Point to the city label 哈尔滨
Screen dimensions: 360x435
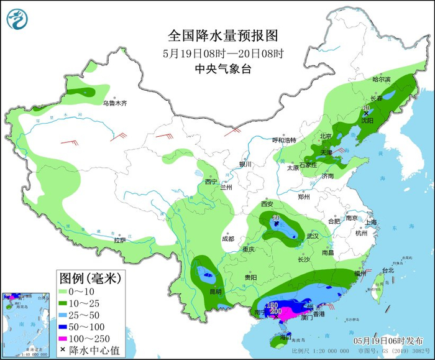[x=381, y=80]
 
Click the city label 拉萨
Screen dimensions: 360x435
[x=120, y=239]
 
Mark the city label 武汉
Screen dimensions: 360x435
[x=312, y=236]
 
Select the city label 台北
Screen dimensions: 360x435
[x=387, y=270]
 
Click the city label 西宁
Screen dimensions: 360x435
[x=211, y=182]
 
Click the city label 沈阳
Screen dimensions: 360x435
[x=367, y=121]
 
